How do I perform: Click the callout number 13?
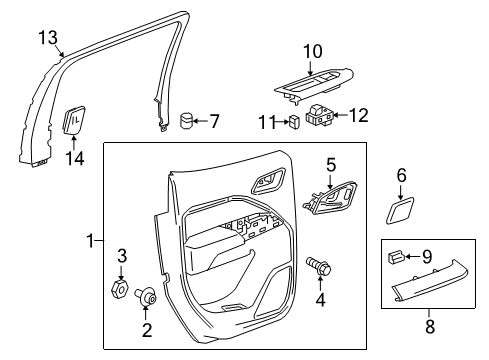point(48,38)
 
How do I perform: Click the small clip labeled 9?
point(396,257)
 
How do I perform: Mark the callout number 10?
point(313,50)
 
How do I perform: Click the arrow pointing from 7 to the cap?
point(203,123)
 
